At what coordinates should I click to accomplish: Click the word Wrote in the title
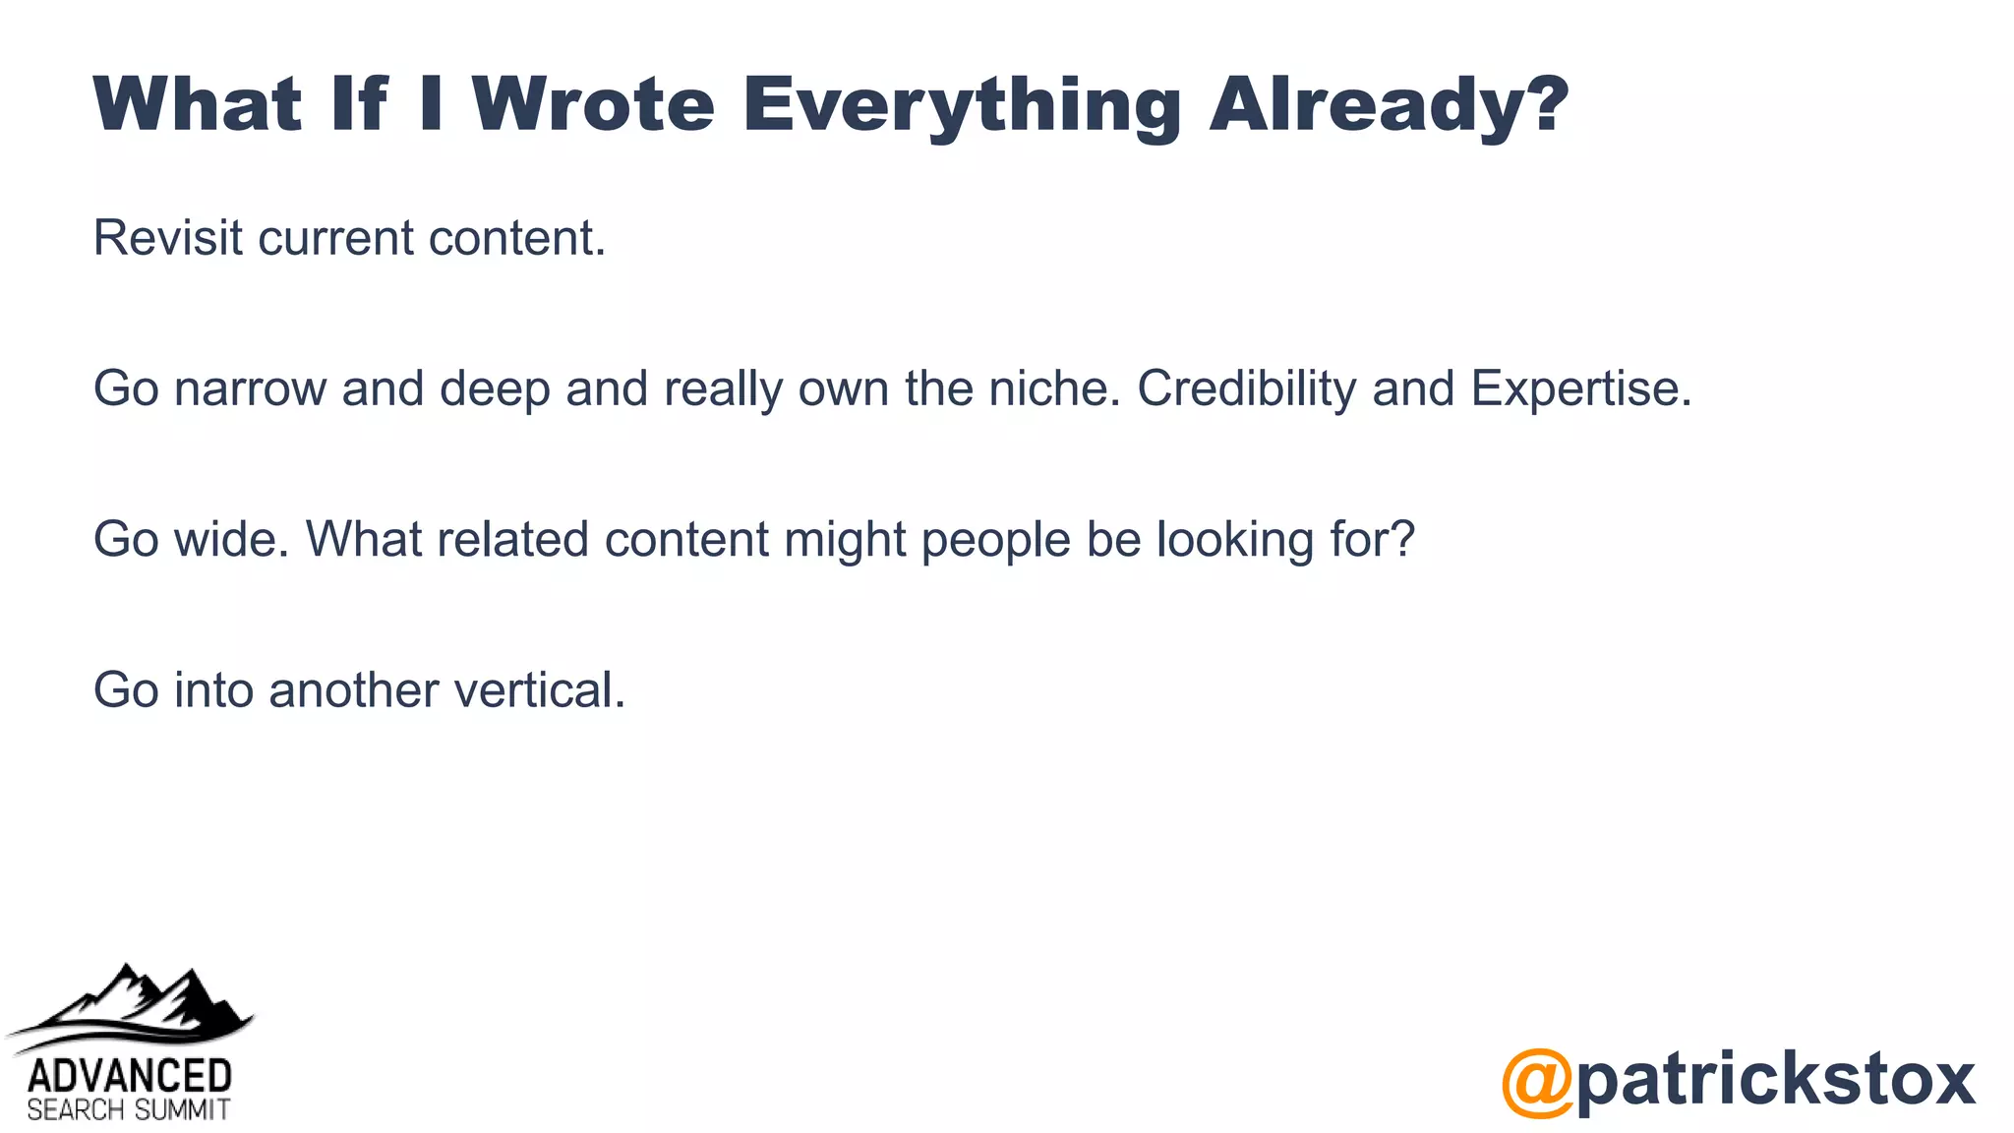coord(593,103)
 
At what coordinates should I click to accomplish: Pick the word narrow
coord(250,388)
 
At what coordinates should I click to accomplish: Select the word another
coord(353,689)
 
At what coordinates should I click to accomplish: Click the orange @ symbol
coord(1537,1082)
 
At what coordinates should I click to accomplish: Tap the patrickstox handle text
coord(1775,1079)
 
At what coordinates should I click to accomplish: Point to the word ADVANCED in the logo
coord(130,1076)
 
